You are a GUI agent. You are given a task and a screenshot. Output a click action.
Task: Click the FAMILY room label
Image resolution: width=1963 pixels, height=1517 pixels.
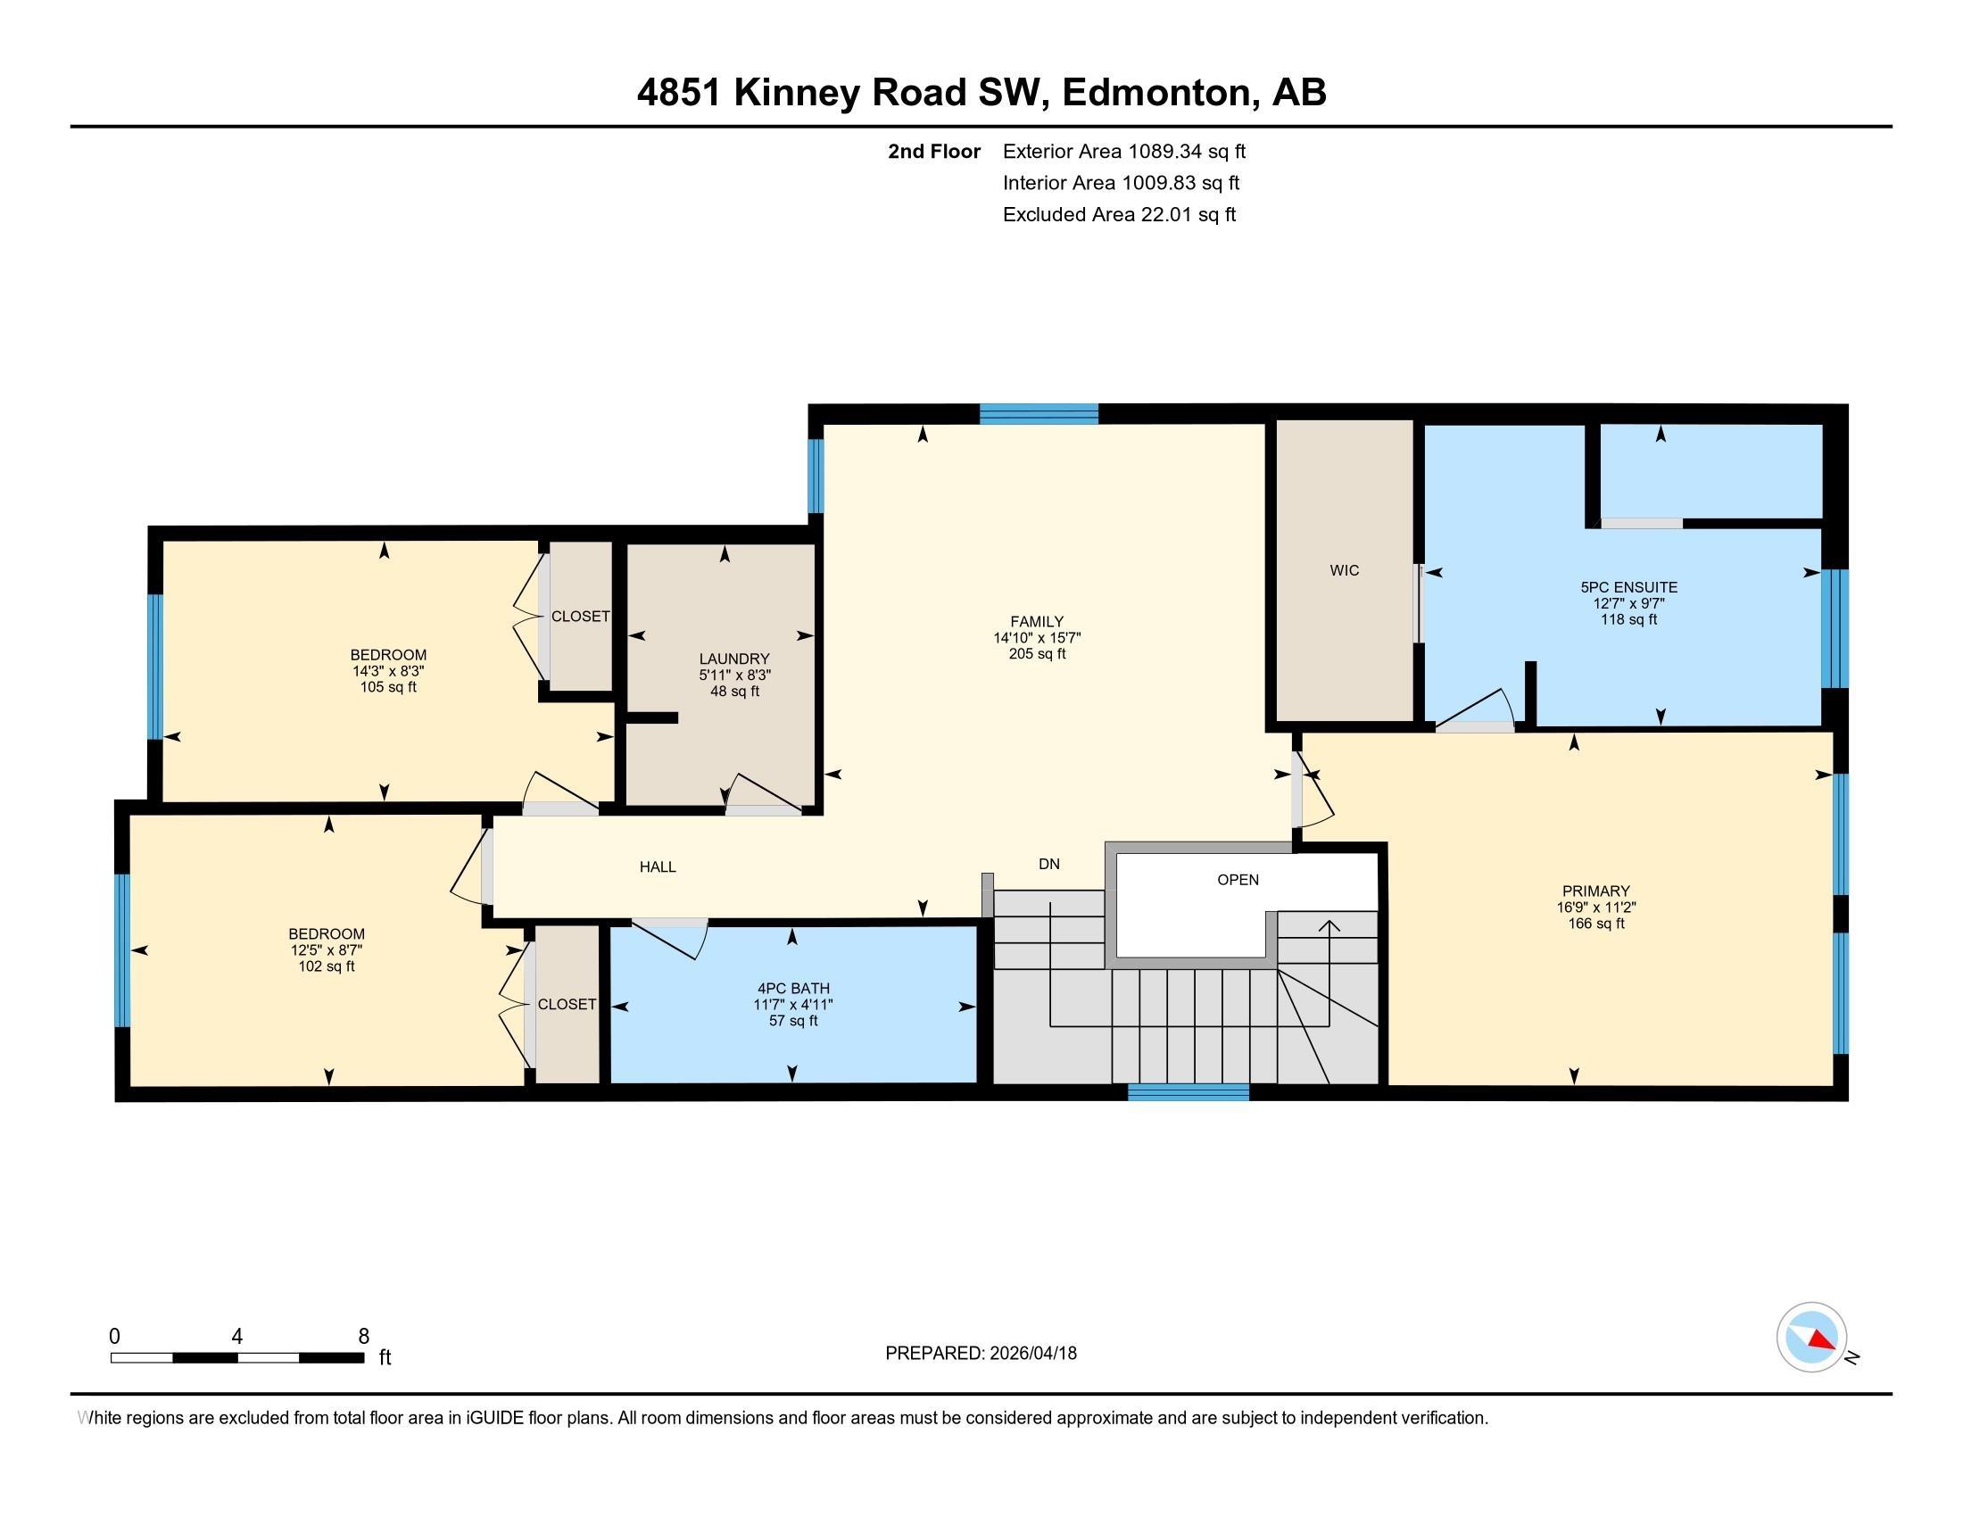pos(1036,621)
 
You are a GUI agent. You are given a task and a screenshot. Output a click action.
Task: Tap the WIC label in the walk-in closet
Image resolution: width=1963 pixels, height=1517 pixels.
pos(1344,571)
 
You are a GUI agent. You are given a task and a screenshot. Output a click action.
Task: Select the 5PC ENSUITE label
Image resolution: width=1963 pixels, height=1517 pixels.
pos(1628,587)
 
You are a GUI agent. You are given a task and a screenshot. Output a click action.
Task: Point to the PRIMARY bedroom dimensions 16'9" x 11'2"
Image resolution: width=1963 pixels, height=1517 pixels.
pos(1595,908)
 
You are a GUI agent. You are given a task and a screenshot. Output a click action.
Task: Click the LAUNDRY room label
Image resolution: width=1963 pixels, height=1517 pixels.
pos(734,659)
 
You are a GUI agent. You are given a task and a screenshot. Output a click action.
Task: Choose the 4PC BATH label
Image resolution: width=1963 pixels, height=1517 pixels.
pos(792,989)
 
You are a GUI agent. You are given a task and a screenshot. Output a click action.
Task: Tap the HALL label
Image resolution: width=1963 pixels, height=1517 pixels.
pos(657,867)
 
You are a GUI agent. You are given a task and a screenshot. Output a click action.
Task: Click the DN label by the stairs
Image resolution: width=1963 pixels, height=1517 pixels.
pos(1048,865)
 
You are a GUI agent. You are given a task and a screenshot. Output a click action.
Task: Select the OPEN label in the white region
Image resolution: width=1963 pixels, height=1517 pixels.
pos(1238,880)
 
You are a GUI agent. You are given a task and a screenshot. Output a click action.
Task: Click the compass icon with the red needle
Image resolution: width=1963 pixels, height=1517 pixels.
pos(1811,1338)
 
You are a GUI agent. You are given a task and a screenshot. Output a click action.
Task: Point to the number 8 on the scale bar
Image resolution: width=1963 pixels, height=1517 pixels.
pos(363,1337)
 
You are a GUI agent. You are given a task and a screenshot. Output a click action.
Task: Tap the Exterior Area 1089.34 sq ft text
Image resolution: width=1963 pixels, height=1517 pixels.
pos(1123,151)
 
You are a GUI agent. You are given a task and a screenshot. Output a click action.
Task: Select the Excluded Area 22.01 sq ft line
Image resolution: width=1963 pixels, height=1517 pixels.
pos(1119,215)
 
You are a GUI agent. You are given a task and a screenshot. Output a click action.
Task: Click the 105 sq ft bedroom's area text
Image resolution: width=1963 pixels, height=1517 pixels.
pos(388,687)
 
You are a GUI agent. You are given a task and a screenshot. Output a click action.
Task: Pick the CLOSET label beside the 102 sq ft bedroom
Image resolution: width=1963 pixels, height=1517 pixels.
pos(567,1005)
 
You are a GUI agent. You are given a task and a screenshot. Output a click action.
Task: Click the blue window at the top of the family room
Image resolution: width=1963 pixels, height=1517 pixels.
pos(1038,414)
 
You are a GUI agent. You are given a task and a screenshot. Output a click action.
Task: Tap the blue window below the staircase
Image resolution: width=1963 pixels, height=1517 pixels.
pos(1188,1092)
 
